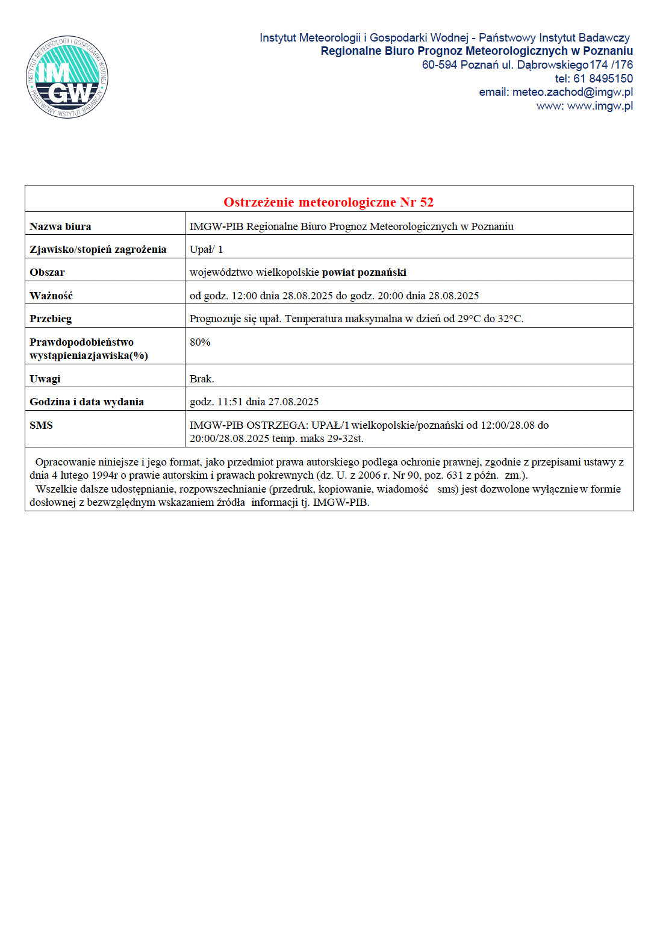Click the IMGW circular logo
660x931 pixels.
tap(67, 77)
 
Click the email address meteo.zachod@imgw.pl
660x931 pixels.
tap(572, 92)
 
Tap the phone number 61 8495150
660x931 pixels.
tap(603, 78)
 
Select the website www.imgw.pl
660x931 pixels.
tap(600, 106)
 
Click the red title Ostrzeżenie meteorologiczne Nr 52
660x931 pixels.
tap(328, 202)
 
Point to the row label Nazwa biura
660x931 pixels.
tap(60, 227)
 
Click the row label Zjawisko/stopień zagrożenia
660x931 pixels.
tap(98, 249)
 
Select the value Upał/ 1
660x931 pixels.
tap(206, 249)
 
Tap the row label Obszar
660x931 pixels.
tap(47, 272)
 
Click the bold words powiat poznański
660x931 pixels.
tap(364, 272)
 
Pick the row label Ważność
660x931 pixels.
tap(51, 296)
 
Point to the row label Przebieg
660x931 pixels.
tap(51, 319)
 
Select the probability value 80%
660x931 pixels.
tap(200, 342)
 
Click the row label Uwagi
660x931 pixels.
tap(45, 379)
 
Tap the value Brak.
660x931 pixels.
tap(202, 379)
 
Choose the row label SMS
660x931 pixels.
tap(41, 425)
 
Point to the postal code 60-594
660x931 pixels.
tap(439, 65)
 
